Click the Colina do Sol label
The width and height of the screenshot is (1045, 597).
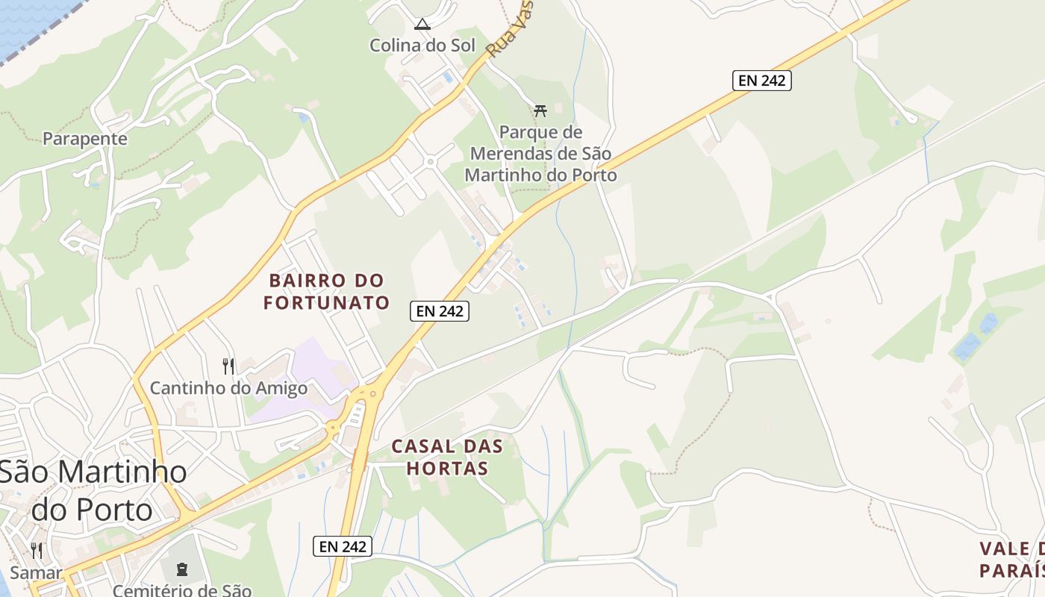point(422,46)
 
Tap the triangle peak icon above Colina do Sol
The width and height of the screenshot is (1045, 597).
point(422,25)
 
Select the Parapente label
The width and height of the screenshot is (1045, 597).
point(85,139)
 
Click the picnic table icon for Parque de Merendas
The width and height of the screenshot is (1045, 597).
point(540,111)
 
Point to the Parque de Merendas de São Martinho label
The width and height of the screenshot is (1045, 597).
point(540,154)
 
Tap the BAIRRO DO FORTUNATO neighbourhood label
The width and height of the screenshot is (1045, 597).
point(327,292)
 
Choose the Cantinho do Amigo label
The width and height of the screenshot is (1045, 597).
point(228,389)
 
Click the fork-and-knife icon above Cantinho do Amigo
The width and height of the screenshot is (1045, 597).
point(228,366)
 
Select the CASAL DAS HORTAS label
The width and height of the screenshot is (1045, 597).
point(447,457)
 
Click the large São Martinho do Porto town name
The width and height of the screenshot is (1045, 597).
point(93,490)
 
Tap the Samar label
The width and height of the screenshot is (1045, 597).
point(36,573)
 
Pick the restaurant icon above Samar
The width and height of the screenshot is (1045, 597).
point(36,551)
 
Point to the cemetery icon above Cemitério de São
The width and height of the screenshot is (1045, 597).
point(181,569)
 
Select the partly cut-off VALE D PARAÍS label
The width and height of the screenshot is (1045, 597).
point(1011,560)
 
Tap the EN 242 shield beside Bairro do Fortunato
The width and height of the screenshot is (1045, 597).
point(440,311)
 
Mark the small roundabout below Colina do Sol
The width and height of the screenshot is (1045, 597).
point(430,160)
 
